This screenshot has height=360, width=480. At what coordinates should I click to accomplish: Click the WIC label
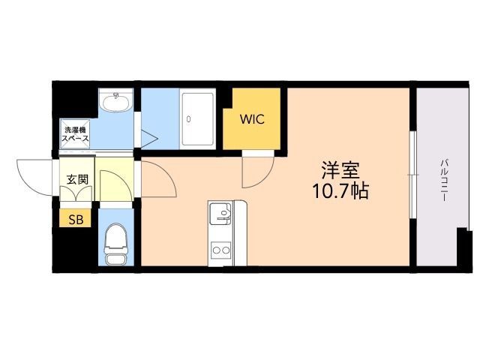coord(252,119)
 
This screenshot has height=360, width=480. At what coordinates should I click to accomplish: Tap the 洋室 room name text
coord(340,170)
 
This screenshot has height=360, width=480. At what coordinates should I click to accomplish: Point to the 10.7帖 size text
coord(340,190)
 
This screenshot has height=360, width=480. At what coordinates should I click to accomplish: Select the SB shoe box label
coord(76,219)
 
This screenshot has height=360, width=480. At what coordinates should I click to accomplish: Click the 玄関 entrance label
coord(77,179)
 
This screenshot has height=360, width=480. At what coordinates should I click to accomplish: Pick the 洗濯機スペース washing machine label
coord(75,134)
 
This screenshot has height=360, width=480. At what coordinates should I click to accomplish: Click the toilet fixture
coord(116,244)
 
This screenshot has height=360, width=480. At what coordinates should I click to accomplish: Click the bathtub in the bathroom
coord(198,118)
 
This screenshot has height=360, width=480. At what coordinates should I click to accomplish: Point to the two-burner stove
coord(221,250)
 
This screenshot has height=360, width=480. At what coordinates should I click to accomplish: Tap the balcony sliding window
coord(413,175)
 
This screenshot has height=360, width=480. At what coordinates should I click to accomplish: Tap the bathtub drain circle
coord(188,119)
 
